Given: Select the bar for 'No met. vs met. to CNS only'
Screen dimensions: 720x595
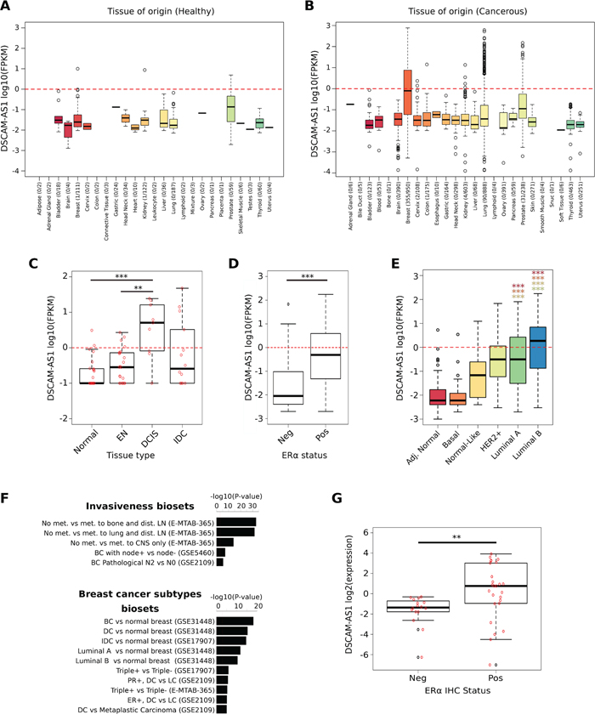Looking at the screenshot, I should tap(225, 541).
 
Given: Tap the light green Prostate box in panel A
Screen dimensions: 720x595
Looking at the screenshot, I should tap(230, 108).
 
